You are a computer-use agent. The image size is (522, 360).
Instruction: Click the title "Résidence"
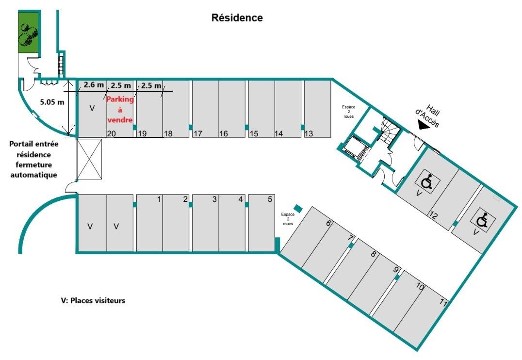237,17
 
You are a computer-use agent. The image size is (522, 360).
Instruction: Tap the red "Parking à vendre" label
120,109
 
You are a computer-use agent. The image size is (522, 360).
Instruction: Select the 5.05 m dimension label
52,102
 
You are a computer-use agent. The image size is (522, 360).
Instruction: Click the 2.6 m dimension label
94,85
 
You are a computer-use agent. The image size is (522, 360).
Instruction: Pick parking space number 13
318,109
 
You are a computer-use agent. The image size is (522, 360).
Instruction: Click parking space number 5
262,223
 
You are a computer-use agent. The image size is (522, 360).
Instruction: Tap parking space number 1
149,223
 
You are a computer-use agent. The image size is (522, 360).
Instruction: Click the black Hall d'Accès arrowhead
423,125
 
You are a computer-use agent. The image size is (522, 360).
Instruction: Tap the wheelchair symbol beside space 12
428,181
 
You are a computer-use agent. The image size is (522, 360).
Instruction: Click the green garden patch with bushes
28,33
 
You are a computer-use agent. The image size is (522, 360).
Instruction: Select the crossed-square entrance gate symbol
89,159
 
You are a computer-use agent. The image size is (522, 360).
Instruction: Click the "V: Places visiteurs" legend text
93,300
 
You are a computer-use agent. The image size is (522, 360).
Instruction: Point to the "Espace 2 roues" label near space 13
348,112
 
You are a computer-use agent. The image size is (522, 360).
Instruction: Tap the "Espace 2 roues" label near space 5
288,219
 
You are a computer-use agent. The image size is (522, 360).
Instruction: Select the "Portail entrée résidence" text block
33,159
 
